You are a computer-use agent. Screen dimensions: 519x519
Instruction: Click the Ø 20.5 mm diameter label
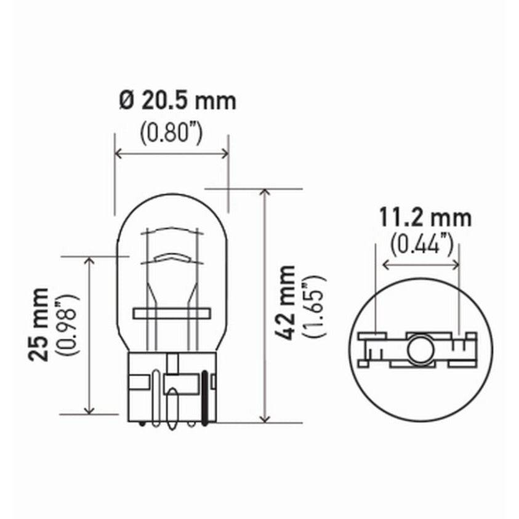(x=178, y=101)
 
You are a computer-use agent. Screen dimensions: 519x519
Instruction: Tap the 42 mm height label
(x=286, y=302)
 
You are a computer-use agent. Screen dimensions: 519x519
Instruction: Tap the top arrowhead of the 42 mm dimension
(x=265, y=193)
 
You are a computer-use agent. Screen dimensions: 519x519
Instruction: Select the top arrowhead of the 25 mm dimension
(x=90, y=260)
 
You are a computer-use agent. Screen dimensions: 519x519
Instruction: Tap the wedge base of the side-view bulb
(x=172, y=388)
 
